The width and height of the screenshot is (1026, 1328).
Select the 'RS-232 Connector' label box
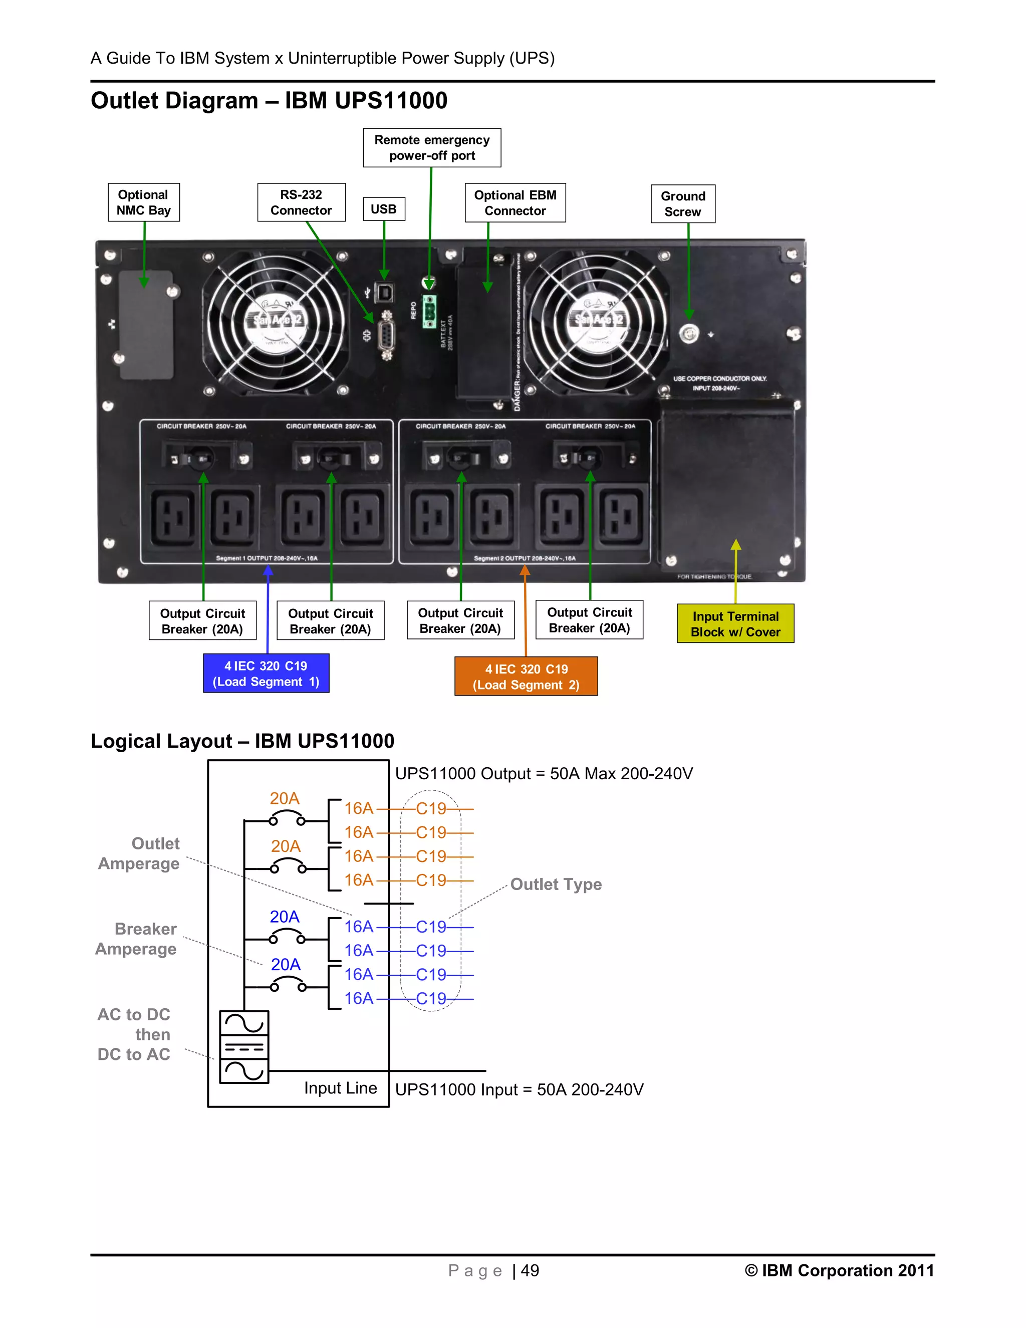[301, 202]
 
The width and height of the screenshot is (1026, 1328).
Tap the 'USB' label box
[384, 209]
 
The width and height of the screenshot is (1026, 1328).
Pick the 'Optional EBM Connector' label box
[515, 203]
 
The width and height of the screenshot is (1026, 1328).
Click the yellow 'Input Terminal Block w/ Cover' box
[735, 624]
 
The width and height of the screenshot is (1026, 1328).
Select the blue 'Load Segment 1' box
[266, 674]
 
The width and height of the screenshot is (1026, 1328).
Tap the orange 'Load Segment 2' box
[526, 677]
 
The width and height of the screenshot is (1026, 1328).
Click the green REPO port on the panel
[430, 311]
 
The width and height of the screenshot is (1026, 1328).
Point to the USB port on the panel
[384, 293]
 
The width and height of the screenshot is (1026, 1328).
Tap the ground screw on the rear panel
[689, 334]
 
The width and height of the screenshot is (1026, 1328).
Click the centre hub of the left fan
[277, 321]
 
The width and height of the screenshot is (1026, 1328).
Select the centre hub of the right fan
[599, 321]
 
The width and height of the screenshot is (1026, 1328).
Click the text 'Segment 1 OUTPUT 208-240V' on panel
[266, 558]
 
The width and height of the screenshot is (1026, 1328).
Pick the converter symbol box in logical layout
[244, 1047]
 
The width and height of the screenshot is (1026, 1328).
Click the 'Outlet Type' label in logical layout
[556, 884]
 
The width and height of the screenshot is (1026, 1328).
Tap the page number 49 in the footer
[530, 1271]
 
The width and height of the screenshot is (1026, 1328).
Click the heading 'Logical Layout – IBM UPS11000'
[242, 741]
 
